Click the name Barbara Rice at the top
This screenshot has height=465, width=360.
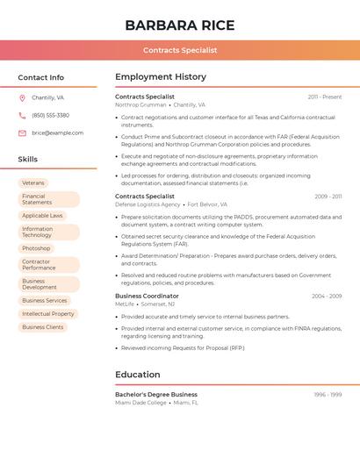tap(180, 25)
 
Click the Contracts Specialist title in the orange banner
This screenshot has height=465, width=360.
tap(180, 50)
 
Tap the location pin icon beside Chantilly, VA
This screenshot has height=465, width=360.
tap(22, 97)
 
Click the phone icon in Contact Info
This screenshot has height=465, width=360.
tap(22, 115)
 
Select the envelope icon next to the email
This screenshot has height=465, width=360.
tap(22, 133)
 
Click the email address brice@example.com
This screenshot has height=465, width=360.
tap(57, 133)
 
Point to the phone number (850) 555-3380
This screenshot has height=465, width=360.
tap(50, 115)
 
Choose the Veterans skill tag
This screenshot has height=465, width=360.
tap(33, 182)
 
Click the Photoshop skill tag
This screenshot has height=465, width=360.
tap(36, 248)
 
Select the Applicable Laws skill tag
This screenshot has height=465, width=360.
tap(42, 215)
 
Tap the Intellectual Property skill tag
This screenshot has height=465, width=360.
tap(47, 313)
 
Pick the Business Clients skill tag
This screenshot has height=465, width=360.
tap(43, 326)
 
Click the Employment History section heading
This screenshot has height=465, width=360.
tap(161, 77)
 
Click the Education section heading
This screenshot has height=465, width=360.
tap(137, 375)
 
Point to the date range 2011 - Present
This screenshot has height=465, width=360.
tap(325, 97)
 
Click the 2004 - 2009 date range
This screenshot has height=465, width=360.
tap(327, 297)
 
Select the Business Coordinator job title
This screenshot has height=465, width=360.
tap(147, 297)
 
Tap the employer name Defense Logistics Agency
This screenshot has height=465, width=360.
tap(148, 204)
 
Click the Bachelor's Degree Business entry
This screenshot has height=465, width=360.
tap(156, 395)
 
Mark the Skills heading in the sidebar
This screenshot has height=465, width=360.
tap(27, 160)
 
